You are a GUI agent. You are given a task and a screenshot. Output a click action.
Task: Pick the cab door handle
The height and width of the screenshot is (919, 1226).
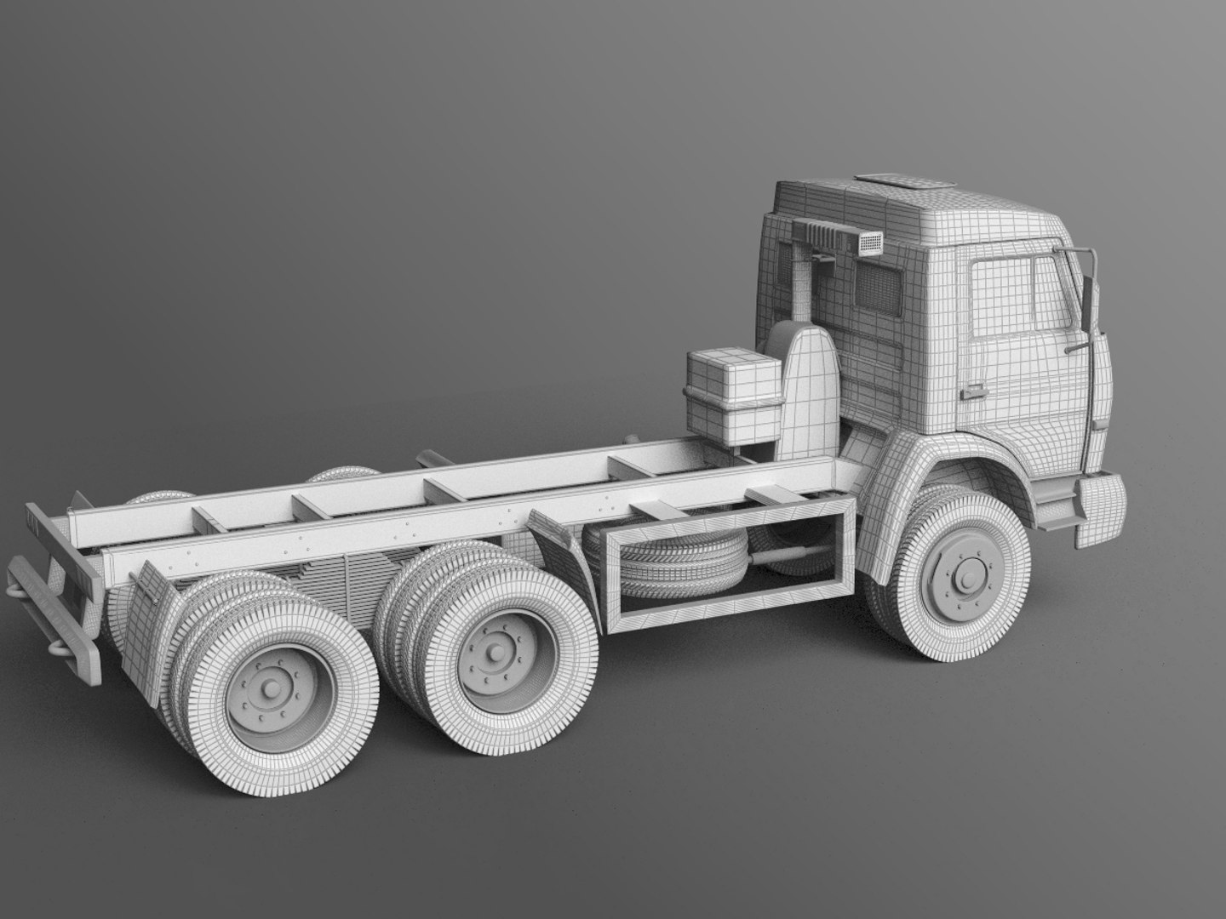point(970,393)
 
